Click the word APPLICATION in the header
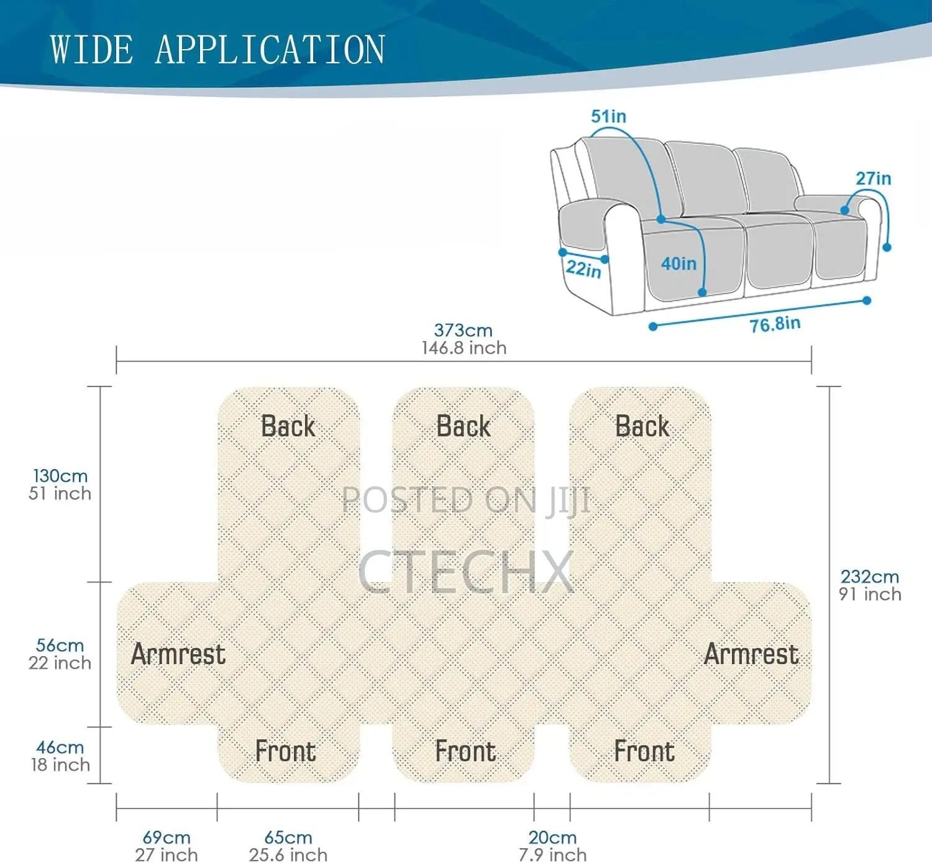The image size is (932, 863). (x=270, y=49)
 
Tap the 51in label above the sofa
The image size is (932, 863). (x=608, y=116)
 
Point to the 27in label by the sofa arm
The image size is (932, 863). (x=873, y=178)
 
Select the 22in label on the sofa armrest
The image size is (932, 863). (x=583, y=269)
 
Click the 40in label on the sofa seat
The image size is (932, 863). (x=678, y=263)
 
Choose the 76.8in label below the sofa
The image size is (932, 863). (x=775, y=324)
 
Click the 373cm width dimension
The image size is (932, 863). (x=463, y=331)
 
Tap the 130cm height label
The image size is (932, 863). (x=60, y=476)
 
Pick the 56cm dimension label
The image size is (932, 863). (x=60, y=646)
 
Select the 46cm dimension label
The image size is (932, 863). (x=60, y=747)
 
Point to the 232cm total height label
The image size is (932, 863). (x=870, y=577)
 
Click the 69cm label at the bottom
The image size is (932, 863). (x=167, y=837)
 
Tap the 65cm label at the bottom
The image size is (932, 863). (x=288, y=837)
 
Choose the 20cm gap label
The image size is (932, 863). (x=552, y=837)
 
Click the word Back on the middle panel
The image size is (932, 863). (x=464, y=426)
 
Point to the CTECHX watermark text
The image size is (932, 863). (x=466, y=572)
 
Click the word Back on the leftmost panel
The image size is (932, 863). (x=288, y=426)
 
